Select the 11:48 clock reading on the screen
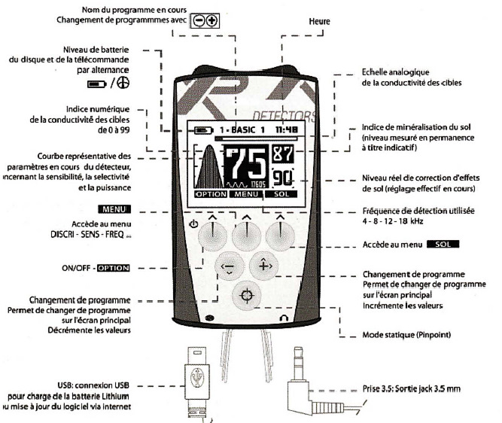[284, 129]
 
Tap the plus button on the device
[264, 266]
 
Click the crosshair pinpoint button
[244, 295]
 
